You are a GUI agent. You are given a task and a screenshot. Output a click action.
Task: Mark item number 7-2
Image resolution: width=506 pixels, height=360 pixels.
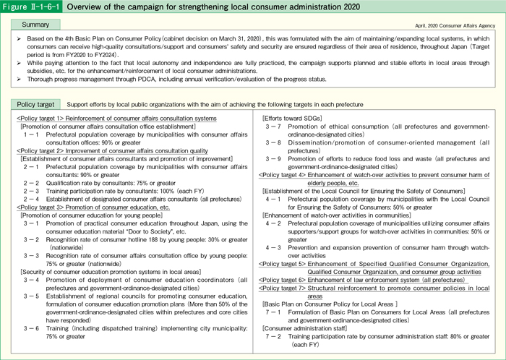click(x=278, y=335)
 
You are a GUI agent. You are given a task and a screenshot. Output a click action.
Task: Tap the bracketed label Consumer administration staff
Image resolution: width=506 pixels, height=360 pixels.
click(x=302, y=327)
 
